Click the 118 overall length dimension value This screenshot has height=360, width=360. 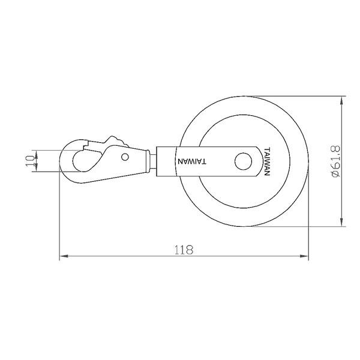184,250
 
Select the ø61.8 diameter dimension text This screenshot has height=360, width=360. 335,161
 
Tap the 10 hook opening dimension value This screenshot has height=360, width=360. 30,161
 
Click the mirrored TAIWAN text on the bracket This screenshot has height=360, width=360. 192,161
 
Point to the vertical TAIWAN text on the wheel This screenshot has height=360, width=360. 267,161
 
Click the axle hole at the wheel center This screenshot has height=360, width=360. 243,161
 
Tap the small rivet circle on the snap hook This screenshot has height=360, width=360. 125,157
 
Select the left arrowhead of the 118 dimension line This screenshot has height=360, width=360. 64,256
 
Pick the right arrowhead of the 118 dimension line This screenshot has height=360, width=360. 304,256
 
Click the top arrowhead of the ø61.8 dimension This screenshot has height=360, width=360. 342,101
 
